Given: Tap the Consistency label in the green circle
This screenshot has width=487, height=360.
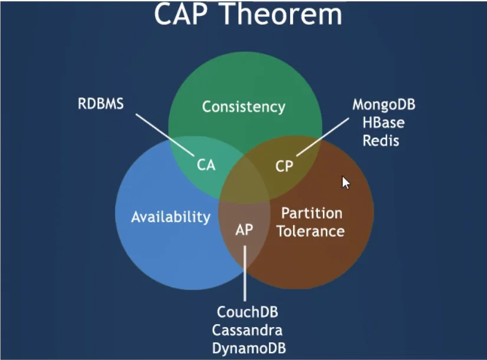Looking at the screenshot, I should (244, 107).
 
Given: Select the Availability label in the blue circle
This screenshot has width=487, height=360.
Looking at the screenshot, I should (170, 216).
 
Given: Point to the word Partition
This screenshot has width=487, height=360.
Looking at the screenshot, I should (311, 213).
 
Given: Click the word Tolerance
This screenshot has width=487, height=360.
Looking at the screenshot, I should (311, 230).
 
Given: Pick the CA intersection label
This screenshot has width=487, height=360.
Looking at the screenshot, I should (206, 166).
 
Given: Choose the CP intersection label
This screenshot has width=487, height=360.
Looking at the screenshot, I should (284, 166).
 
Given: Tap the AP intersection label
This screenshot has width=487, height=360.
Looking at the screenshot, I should (244, 229).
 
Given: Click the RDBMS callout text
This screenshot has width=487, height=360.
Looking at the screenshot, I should (101, 105).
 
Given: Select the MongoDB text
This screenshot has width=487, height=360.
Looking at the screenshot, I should (384, 105).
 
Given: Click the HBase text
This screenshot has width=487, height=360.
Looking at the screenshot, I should (383, 123).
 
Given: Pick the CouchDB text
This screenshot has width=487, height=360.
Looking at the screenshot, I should (248, 312).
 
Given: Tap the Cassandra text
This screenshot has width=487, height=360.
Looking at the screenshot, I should (247, 329).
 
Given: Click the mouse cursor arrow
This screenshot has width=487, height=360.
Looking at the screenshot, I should (345, 182).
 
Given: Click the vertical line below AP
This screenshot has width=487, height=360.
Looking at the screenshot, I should (245, 271).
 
